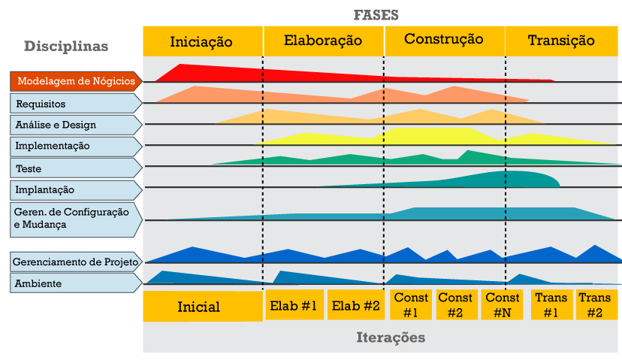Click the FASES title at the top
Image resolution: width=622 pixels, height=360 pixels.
pyautogui.click(x=376, y=15)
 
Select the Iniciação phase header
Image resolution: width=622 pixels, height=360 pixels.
pyautogui.click(x=202, y=41)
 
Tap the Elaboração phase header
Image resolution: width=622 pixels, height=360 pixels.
pyautogui.click(x=323, y=41)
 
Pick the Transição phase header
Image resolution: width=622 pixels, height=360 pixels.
pyautogui.click(x=561, y=41)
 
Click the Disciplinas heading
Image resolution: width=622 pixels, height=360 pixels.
pyautogui.click(x=66, y=46)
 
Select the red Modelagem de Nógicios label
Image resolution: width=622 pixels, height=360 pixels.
pyautogui.click(x=75, y=81)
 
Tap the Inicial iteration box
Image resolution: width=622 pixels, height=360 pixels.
pyautogui.click(x=199, y=307)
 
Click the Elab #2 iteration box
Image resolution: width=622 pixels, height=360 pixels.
pyautogui.click(x=356, y=305)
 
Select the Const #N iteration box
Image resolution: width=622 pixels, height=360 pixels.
pyautogui.click(x=503, y=305)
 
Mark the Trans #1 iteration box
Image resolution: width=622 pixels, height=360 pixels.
pyautogui.click(x=551, y=305)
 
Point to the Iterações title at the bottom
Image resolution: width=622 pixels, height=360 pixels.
pyautogui.click(x=391, y=337)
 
